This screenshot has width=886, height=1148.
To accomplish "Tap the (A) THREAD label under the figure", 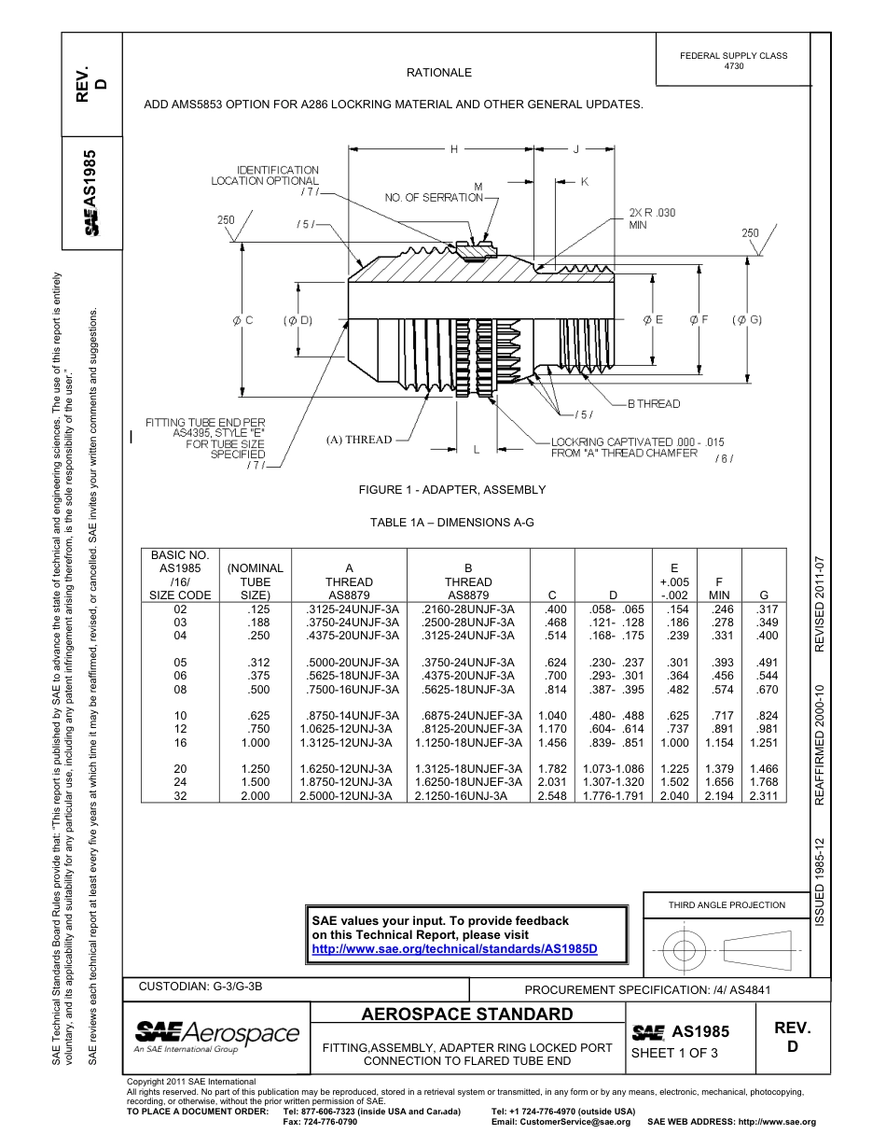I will (359, 440).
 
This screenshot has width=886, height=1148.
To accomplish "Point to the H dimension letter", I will (454, 149).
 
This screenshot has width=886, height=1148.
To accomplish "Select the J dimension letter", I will (575, 149).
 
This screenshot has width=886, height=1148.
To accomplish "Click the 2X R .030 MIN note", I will (652, 218).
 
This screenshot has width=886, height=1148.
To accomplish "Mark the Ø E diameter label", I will (653, 320).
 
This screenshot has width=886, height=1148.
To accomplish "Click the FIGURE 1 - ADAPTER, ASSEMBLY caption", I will (452, 490).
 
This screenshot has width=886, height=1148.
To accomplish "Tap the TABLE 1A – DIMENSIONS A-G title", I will (452, 524).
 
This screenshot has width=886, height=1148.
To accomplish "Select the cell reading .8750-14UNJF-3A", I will (349, 716).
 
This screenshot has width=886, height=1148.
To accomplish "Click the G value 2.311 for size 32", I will (764, 796).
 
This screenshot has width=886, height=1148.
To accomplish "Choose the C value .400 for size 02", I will (556, 609).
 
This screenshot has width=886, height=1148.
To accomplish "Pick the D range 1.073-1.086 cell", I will (613, 769).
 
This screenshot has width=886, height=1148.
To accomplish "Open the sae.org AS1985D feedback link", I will (453, 949).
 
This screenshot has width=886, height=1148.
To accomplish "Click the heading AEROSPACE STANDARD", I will (467, 1015).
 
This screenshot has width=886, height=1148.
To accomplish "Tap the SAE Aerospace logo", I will (216, 1035).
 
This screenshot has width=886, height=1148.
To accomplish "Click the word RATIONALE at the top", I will (439, 73).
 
